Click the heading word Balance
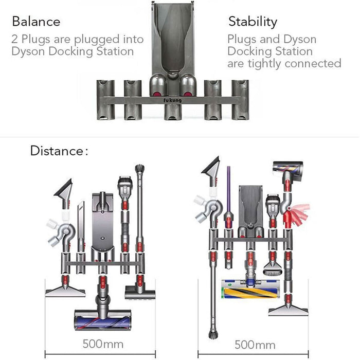(36, 22)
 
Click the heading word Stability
(253, 22)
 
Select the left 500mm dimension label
(103, 343)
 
